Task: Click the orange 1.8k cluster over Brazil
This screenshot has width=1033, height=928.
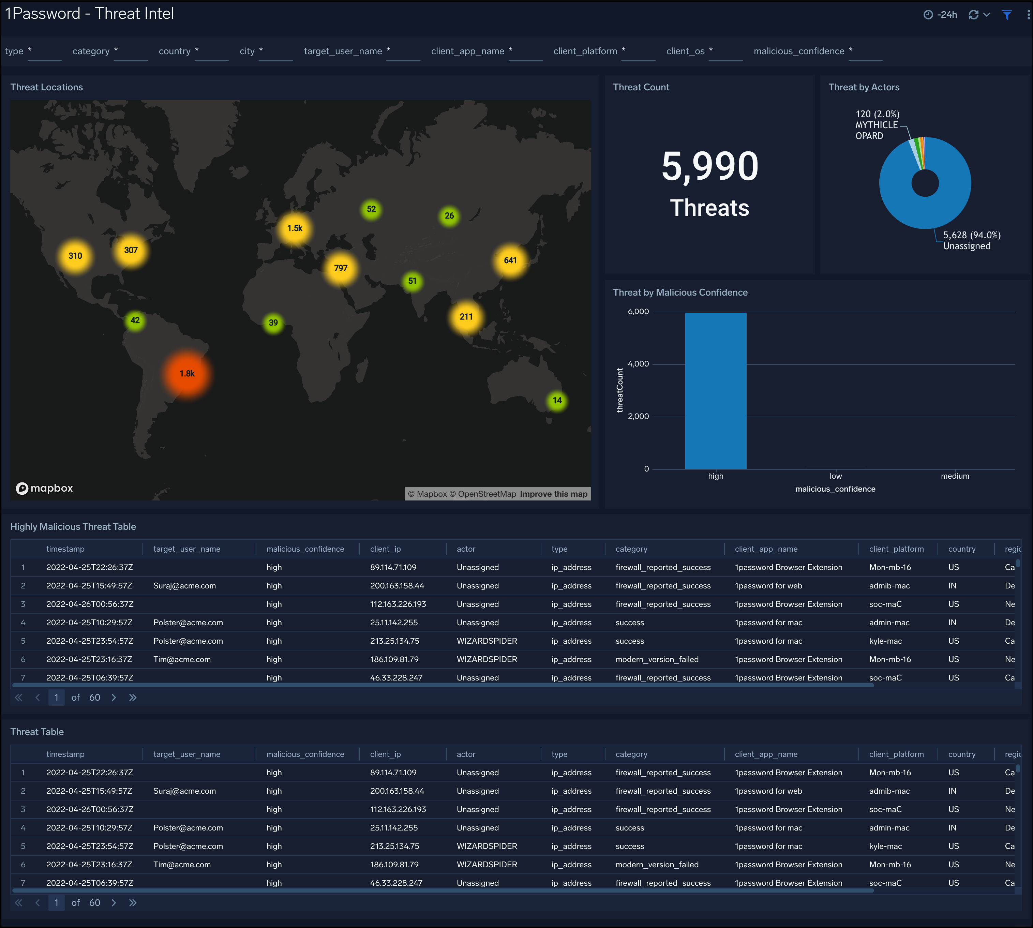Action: [187, 374]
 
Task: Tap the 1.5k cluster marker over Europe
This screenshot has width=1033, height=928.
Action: [295, 228]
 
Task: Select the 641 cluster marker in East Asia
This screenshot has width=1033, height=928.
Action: [510, 260]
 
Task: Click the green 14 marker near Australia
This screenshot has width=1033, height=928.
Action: [557, 401]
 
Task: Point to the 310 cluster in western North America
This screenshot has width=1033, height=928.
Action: [75, 256]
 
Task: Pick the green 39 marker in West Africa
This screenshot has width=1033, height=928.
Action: [273, 323]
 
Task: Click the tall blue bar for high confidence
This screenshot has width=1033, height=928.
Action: [715, 391]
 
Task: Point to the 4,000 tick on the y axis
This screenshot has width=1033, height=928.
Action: [638, 364]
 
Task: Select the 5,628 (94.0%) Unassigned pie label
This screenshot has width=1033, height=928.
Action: [971, 241]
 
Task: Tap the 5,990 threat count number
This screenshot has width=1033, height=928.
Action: [710, 167]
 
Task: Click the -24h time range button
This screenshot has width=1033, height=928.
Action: [941, 15]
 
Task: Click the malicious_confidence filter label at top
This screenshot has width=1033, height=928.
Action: [798, 51]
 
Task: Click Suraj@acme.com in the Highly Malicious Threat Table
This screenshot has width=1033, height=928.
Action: [184, 586]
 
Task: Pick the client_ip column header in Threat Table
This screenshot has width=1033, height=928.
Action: [386, 754]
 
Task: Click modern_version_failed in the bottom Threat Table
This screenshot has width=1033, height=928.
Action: [657, 865]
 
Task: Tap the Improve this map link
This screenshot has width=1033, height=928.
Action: [553, 494]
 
